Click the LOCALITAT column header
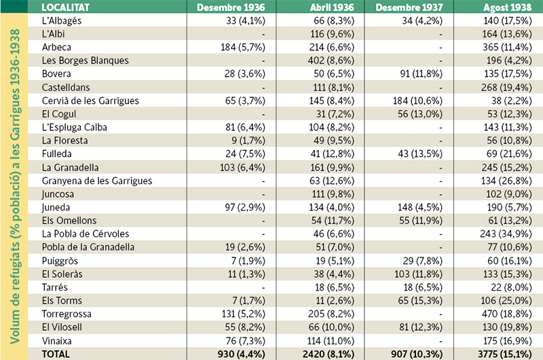(68, 8)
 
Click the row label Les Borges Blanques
(85, 60)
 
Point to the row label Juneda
(56, 207)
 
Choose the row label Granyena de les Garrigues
(97, 181)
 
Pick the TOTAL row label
(56, 354)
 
